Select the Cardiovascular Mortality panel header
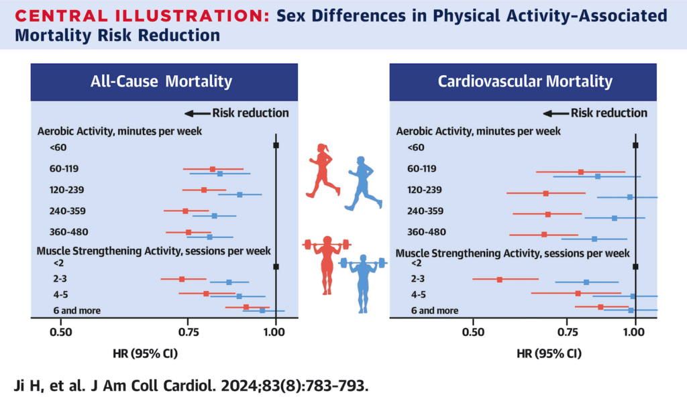coord(525,82)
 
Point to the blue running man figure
coord(363,183)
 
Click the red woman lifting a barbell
coord(326,264)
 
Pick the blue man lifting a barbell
coord(363,282)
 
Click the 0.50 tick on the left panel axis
coord(61,331)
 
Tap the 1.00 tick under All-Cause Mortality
coord(276,331)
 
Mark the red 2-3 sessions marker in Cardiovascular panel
coord(499,279)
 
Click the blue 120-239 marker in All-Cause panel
coord(240,194)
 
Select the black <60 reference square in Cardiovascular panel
coord(635,145)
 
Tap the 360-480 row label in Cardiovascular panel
coord(427,232)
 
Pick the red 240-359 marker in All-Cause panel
coord(185,211)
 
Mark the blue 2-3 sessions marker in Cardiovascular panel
coord(586,282)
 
